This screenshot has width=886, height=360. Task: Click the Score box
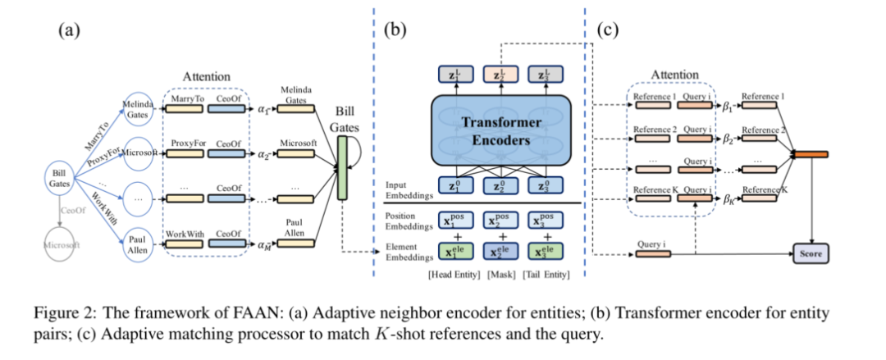(x=810, y=253)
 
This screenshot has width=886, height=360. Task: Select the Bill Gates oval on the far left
(x=60, y=180)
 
